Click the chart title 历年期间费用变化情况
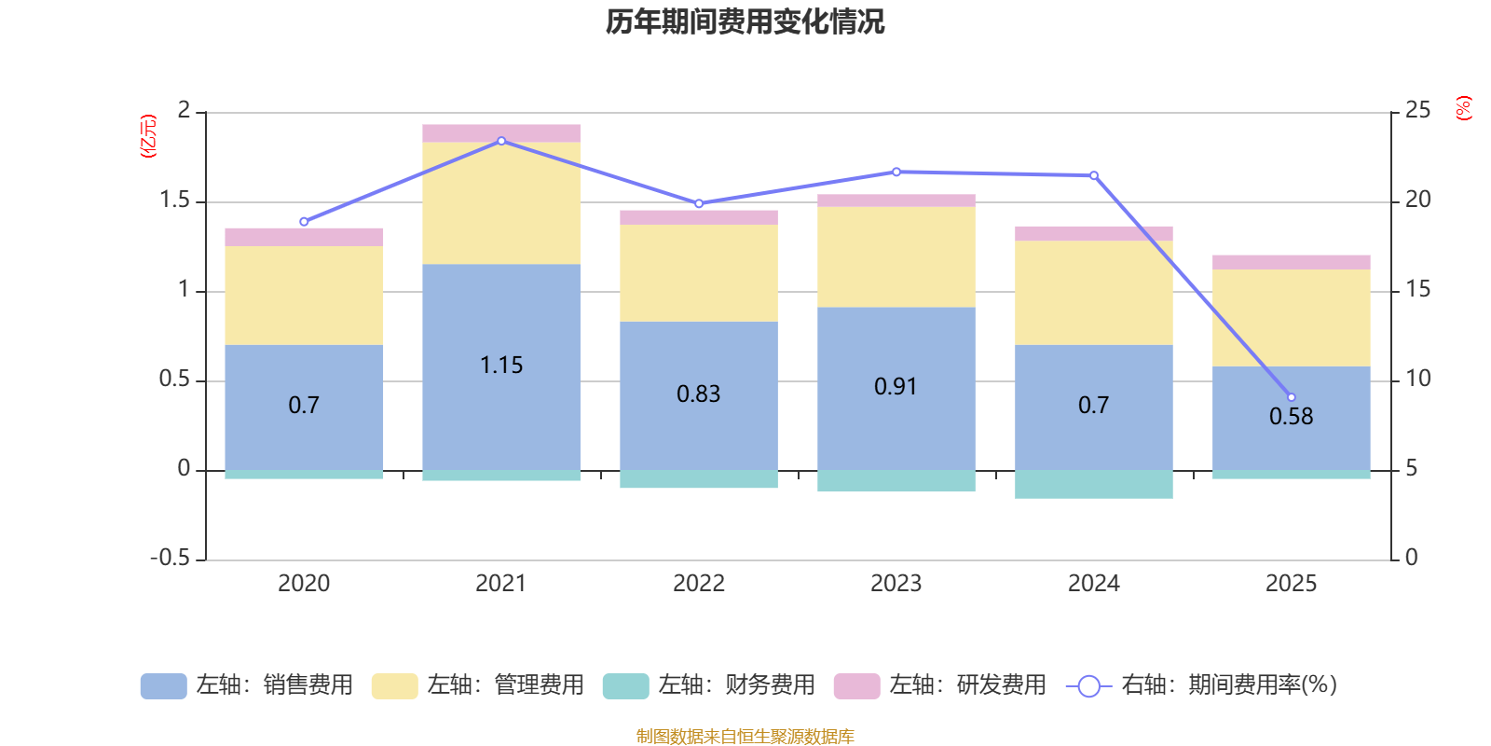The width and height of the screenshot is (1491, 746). point(745,21)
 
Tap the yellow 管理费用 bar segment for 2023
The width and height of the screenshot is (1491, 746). point(896,256)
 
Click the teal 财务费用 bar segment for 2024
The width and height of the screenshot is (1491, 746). point(1094,484)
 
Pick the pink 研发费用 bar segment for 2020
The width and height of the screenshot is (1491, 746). point(304,237)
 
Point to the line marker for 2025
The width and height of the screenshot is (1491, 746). point(1292,397)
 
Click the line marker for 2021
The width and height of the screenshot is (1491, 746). point(501,141)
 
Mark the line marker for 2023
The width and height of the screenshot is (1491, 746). point(896,172)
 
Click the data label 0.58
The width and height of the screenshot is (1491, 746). point(1292,417)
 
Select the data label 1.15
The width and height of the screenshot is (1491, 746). point(501,366)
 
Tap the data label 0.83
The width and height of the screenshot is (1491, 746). point(699,394)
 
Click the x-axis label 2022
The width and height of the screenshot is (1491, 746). point(699,584)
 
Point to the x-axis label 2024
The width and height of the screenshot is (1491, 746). point(1094,584)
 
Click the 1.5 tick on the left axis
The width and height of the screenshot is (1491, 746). point(174,200)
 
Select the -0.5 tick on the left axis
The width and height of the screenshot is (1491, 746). point(170,558)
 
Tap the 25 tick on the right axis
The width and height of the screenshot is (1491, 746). point(1417,111)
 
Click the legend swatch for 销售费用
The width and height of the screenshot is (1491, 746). point(163,686)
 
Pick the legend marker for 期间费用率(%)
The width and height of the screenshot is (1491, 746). point(1088,686)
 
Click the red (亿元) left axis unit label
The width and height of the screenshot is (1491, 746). point(148,136)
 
